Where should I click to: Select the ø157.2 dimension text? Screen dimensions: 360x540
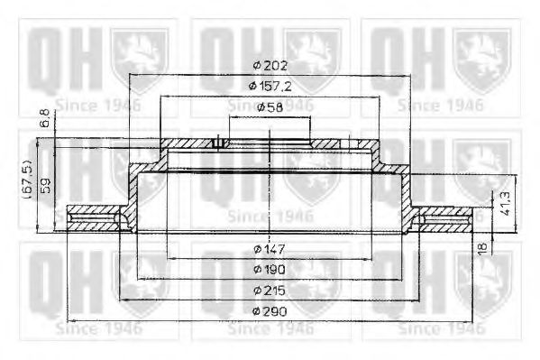(270, 86)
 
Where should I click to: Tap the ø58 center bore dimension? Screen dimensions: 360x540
(269, 106)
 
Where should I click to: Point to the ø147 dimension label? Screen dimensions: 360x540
(269, 249)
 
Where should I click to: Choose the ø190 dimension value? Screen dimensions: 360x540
(269, 269)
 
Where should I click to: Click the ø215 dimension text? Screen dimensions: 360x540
(269, 291)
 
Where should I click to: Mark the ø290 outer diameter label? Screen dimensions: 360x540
(269, 311)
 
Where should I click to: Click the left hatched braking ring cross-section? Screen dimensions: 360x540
(95, 219)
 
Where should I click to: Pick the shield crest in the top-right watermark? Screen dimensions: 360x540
(483, 54)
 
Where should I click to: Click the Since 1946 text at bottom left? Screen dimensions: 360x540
(98, 328)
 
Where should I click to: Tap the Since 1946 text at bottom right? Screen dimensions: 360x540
(441, 328)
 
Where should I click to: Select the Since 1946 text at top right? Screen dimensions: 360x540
(441, 104)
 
